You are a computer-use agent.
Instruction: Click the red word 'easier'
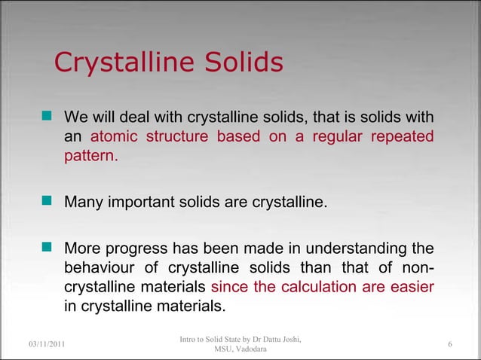tap(409, 288)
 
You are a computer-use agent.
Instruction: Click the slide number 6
tap(449, 344)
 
